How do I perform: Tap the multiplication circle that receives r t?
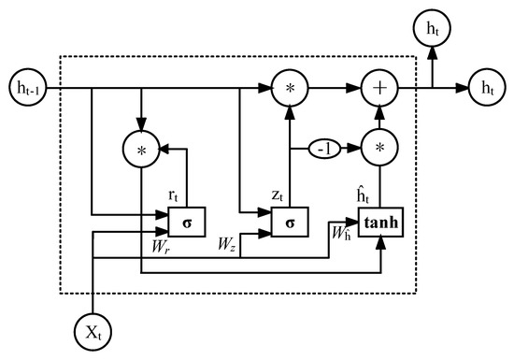coord(139,148)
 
